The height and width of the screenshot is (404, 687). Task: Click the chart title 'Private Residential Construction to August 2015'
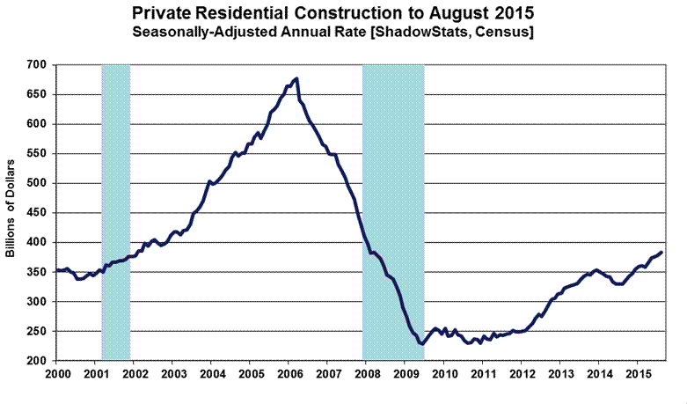(x=344, y=13)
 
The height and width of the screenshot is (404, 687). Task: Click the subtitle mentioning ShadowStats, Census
(x=344, y=32)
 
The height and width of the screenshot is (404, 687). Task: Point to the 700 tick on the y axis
(x=37, y=65)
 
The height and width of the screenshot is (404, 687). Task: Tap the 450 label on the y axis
(x=37, y=213)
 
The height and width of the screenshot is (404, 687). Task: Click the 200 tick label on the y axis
(x=37, y=361)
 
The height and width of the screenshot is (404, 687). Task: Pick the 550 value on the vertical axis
(x=37, y=154)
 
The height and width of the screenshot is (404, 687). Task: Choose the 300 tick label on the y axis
(x=37, y=302)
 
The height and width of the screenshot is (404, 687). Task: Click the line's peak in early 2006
(x=296, y=79)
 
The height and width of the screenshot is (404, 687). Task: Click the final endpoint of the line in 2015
(x=661, y=253)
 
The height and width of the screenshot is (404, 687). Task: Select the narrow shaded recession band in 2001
(x=116, y=212)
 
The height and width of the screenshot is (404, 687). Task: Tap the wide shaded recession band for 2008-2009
(x=394, y=212)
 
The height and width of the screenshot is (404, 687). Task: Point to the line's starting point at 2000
(x=57, y=270)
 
